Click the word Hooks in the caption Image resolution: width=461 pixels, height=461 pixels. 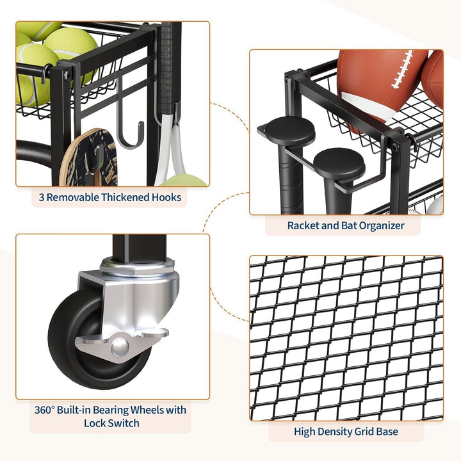tap(166, 197)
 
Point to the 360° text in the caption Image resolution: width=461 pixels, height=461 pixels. tap(45, 410)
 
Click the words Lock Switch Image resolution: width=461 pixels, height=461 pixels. tap(111, 423)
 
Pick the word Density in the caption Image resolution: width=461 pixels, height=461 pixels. tap(335, 432)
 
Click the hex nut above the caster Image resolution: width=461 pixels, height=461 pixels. tap(137, 266)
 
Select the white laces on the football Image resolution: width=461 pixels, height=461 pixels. tap(402, 70)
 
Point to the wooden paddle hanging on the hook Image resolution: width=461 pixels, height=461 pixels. tap(88, 158)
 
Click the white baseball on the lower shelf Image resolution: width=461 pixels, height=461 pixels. tap(435, 205)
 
